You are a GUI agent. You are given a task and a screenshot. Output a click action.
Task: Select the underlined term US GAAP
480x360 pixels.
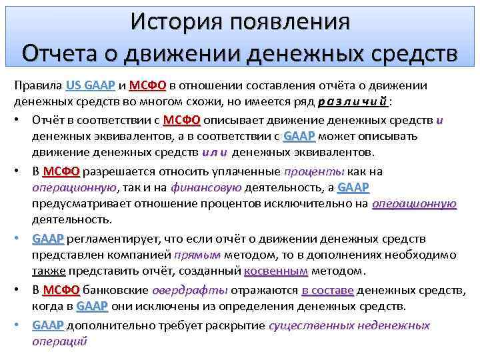tap(91, 86)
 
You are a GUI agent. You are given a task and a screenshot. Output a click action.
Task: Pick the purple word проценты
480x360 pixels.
tap(314, 171)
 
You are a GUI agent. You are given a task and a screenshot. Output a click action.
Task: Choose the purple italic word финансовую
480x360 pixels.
tap(206, 188)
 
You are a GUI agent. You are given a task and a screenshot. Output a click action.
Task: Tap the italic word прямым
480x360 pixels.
tap(195, 255)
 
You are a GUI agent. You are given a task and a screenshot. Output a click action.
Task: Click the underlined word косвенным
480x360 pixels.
tap(276, 271)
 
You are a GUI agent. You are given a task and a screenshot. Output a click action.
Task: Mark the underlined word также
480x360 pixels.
tap(48, 271)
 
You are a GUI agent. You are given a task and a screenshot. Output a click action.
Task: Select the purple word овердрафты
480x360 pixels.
tap(190, 290)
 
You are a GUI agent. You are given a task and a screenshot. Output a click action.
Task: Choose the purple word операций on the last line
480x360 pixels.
tap(59, 341)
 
